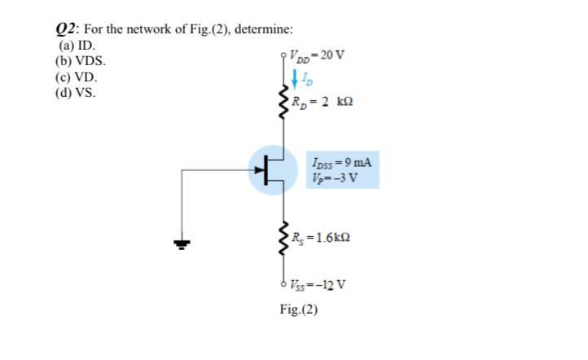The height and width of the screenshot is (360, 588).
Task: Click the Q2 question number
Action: pyautogui.click(x=64, y=29)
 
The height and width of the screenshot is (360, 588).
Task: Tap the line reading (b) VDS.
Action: pyautogui.click(x=79, y=61)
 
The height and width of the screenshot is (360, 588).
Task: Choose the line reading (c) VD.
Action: pyautogui.click(x=76, y=77)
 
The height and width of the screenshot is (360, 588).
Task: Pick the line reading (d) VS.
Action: pyautogui.click(x=75, y=93)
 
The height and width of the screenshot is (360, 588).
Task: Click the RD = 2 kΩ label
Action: pyautogui.click(x=325, y=103)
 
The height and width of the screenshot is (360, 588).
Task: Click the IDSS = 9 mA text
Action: pyautogui.click(x=341, y=161)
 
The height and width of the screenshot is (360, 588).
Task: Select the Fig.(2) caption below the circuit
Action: pyautogui.click(x=298, y=310)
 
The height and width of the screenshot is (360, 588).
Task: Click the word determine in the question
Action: pyautogui.click(x=265, y=29)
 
